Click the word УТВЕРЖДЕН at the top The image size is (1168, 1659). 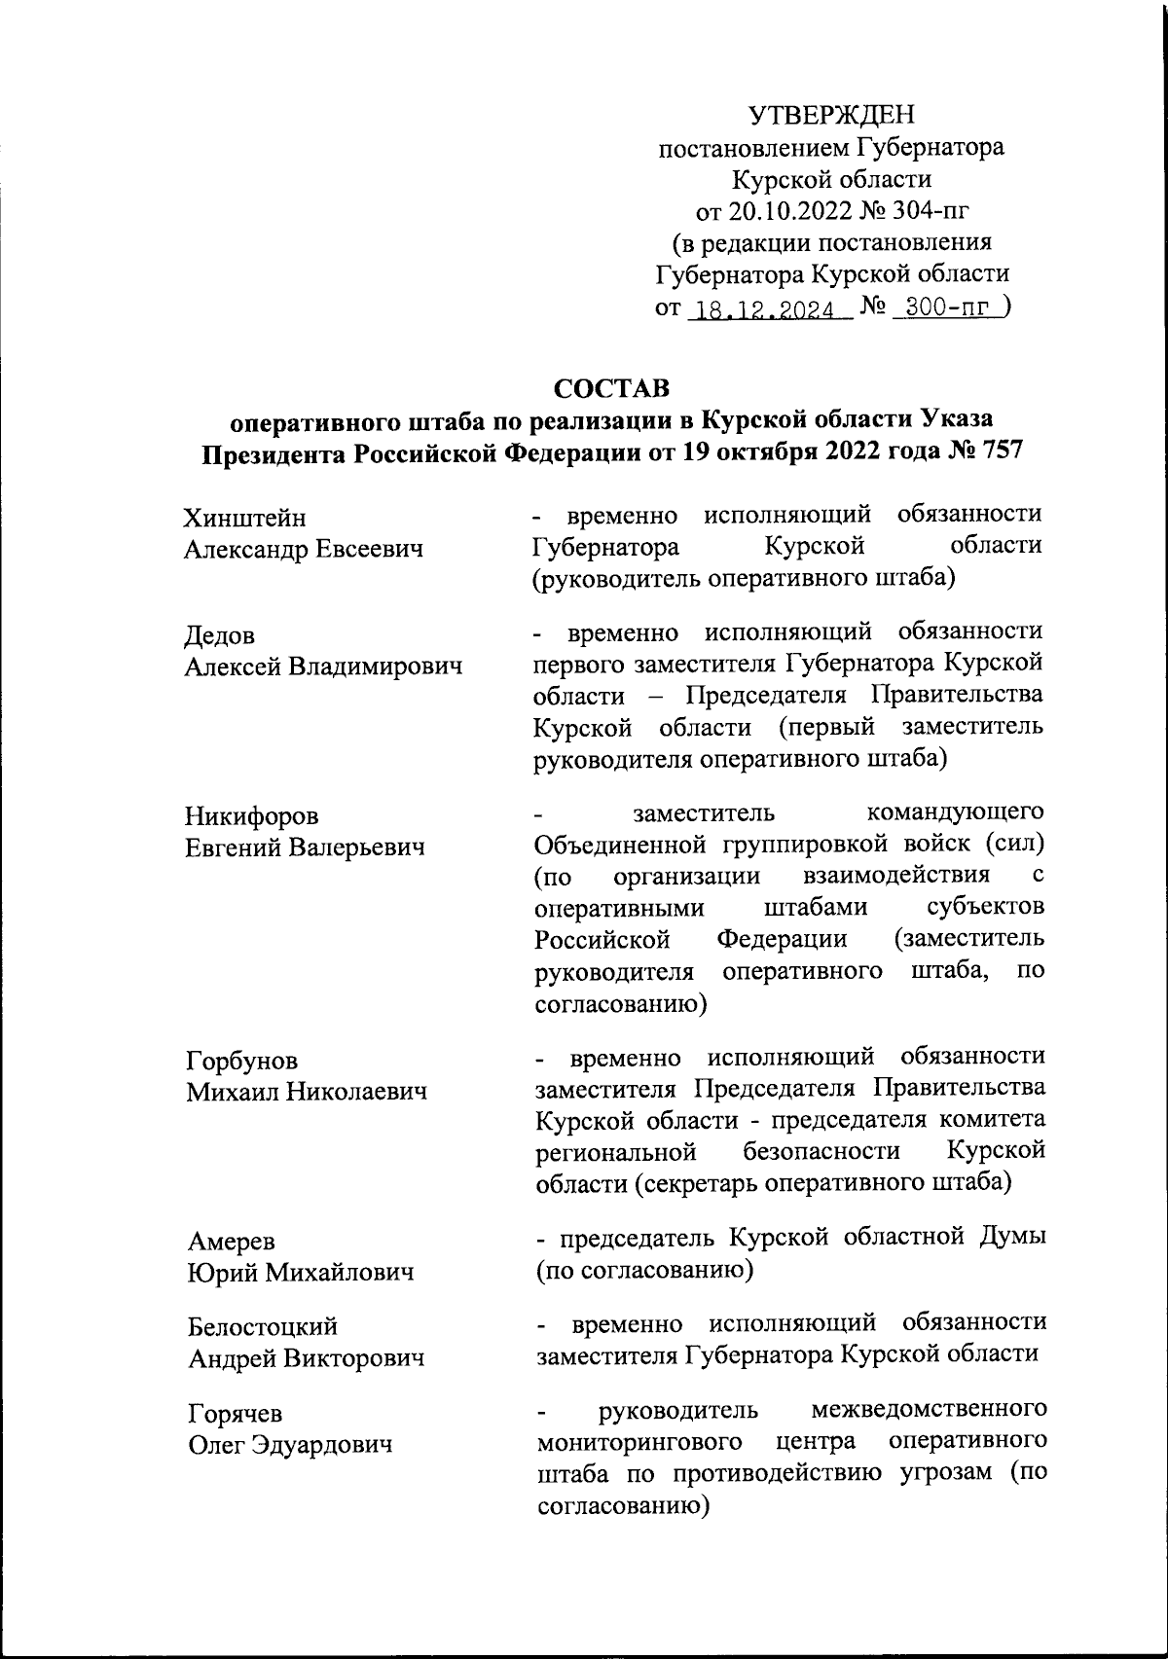tap(832, 117)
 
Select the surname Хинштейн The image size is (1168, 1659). tap(244, 519)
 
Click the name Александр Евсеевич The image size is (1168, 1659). tap(304, 550)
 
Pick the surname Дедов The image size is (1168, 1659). tap(220, 636)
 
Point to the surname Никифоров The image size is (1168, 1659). tap(252, 816)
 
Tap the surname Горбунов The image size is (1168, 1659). tap(242, 1061)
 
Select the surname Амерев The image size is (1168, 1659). tap(231, 1242)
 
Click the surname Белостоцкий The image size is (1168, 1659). tap(262, 1327)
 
